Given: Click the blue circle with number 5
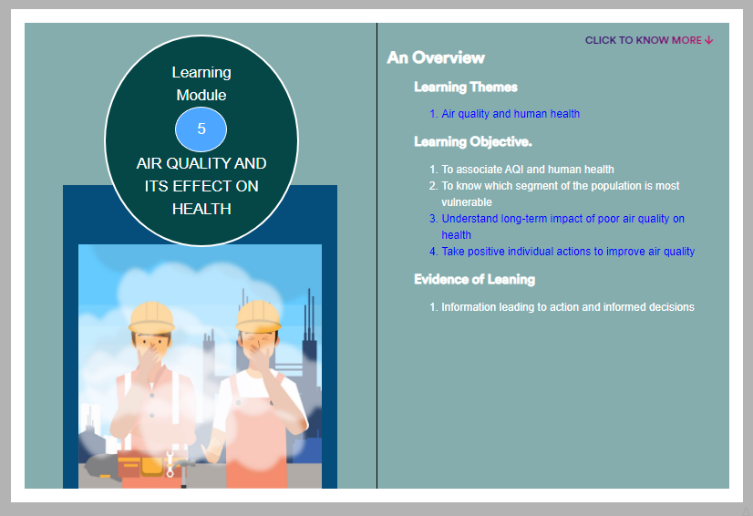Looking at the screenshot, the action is pyautogui.click(x=201, y=129).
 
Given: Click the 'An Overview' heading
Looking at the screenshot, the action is pyautogui.click(x=436, y=57).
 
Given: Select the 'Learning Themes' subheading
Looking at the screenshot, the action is pyautogui.click(x=466, y=87).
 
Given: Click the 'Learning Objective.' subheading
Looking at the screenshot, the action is pyautogui.click(x=473, y=141).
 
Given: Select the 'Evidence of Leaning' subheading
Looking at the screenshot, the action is pyautogui.click(x=474, y=280).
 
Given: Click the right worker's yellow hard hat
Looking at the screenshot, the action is pyautogui.click(x=258, y=316).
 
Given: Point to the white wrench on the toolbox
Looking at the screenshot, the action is pyautogui.click(x=170, y=464).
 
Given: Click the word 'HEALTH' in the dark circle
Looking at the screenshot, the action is pyautogui.click(x=201, y=209).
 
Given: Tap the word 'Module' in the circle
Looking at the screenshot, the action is pyautogui.click(x=201, y=95).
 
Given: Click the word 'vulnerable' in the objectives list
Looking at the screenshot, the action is pyautogui.click(x=467, y=202).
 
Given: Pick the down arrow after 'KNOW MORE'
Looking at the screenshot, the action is pyautogui.click(x=709, y=40).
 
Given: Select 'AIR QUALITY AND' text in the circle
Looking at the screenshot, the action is pyautogui.click(x=201, y=163).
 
